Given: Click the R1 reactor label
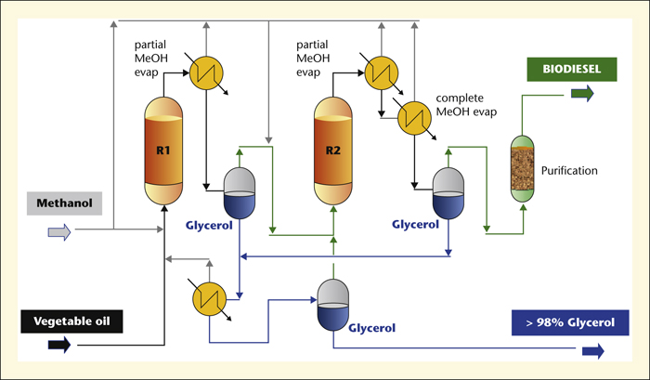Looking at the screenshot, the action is [x=163, y=151].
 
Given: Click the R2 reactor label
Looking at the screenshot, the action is [x=332, y=151].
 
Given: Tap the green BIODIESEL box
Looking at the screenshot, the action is [x=572, y=70].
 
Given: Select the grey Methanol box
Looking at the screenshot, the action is [x=64, y=203].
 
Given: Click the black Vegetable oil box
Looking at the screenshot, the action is [x=71, y=321].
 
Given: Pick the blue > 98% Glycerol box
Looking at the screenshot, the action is [x=570, y=322].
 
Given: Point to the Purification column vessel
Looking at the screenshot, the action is [x=522, y=169].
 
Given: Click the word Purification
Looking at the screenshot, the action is [x=569, y=171].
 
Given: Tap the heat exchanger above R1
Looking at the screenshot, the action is [x=206, y=73].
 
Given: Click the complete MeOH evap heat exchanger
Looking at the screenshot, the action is [x=414, y=118].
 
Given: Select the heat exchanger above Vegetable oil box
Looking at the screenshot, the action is [x=209, y=298].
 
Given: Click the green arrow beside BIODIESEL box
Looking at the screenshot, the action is [x=582, y=93].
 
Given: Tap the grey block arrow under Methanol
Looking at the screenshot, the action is [x=59, y=232].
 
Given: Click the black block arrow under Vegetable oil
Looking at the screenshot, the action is [x=59, y=345].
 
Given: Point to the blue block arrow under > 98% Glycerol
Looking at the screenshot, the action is [x=593, y=351].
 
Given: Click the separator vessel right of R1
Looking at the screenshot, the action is [x=240, y=193].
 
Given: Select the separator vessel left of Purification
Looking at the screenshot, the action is [x=448, y=193].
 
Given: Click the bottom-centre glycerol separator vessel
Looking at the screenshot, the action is [x=332, y=305].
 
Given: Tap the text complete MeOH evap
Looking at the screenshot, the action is [x=466, y=105].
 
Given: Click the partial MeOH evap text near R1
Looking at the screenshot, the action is [x=150, y=59].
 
